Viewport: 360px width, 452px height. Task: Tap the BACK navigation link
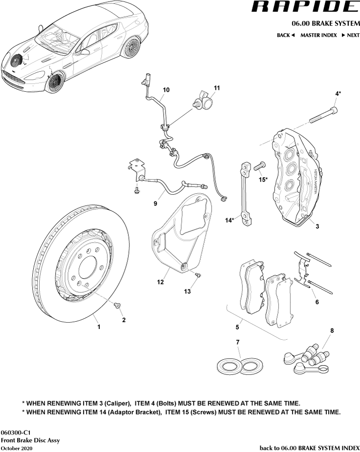[x=286, y=35]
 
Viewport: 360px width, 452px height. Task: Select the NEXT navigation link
[x=350, y=35]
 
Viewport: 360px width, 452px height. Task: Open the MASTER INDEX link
[x=318, y=35]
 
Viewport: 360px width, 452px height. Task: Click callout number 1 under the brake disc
[x=99, y=327]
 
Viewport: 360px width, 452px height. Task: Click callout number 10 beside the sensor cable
[x=166, y=90]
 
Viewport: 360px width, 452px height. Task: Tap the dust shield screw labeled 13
[x=197, y=276]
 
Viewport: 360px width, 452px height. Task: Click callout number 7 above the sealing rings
[x=238, y=342]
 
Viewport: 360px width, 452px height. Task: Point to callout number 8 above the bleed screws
[x=332, y=331]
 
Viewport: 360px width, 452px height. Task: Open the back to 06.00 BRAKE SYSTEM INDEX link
[x=309, y=448]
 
